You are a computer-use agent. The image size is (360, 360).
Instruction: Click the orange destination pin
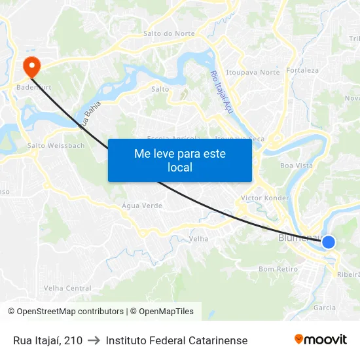[x=31, y=65]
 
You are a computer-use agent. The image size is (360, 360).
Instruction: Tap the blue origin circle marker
[x=329, y=242]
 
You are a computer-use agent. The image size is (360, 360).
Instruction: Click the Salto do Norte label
[x=169, y=33]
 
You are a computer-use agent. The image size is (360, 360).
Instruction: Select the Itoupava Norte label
[x=253, y=73]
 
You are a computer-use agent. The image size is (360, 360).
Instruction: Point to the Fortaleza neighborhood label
[x=302, y=70]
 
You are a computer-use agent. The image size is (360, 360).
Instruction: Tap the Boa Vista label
[x=297, y=166]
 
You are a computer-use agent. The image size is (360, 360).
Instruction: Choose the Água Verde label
[x=142, y=206]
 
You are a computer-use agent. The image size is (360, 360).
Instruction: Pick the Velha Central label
[x=67, y=288]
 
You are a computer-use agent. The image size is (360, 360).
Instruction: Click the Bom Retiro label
[x=278, y=269]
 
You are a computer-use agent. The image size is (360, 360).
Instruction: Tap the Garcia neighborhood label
[x=325, y=307]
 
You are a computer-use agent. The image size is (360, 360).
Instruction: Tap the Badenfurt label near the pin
[x=33, y=86]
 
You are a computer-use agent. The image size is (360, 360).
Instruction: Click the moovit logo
[x=320, y=339]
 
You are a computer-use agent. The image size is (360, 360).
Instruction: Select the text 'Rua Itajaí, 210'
[x=48, y=340]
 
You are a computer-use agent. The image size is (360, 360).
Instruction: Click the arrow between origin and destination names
[x=94, y=340]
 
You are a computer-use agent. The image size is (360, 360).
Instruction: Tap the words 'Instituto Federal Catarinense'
[x=177, y=340]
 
